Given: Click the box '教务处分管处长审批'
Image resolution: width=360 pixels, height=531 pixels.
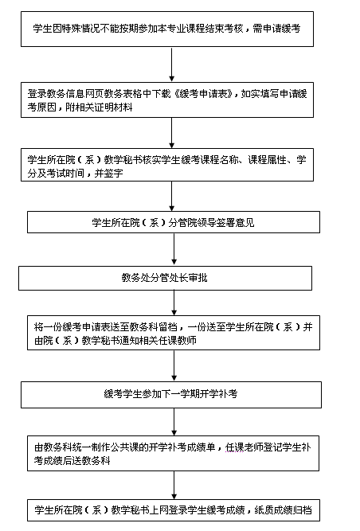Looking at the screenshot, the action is pyautogui.click(x=165, y=278).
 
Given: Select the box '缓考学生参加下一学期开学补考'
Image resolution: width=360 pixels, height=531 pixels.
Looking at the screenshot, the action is pyautogui.click(x=171, y=395).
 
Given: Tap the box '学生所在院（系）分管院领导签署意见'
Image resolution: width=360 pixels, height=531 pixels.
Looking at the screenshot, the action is pyautogui.click(x=174, y=222).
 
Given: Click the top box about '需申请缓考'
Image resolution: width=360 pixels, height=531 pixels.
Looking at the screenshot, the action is pyautogui.click(x=167, y=29).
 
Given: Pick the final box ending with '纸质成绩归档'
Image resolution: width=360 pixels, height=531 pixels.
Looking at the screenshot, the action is pyautogui.click(x=174, y=510).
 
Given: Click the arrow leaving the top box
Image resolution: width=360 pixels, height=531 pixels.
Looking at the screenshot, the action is pyautogui.click(x=172, y=64).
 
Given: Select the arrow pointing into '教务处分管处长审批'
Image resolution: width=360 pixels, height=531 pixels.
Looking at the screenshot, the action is pyautogui.click(x=174, y=250).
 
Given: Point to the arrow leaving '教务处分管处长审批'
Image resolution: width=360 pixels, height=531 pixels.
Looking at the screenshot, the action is pyautogui.click(x=174, y=303).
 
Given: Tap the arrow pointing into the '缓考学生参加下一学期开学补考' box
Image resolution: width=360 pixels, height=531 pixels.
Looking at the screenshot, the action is pyautogui.click(x=174, y=365).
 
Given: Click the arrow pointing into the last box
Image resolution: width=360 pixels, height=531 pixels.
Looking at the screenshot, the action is pyautogui.click(x=174, y=485).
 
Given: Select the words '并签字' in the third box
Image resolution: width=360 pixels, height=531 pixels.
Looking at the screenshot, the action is pyautogui.click(x=108, y=174).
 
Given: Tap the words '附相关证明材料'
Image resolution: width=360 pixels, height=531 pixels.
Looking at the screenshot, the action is pyautogui.click(x=99, y=107).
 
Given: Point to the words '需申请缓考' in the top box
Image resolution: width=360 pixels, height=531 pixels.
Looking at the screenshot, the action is pyautogui.click(x=276, y=29).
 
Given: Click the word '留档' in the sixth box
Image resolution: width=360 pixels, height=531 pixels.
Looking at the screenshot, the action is pyautogui.click(x=167, y=326).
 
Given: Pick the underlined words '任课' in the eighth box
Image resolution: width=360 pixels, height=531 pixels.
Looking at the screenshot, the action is pyautogui.click(x=234, y=447).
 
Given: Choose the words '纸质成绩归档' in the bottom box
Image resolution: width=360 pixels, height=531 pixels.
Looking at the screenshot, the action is pyautogui.click(x=283, y=510).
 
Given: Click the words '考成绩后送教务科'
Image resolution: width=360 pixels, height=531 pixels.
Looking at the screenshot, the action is pyautogui.click(x=72, y=461).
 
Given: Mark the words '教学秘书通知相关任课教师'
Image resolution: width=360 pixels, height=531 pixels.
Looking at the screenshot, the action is pyautogui.click(x=139, y=341).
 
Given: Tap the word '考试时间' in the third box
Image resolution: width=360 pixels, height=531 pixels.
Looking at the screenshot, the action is pyautogui.click(x=65, y=174).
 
